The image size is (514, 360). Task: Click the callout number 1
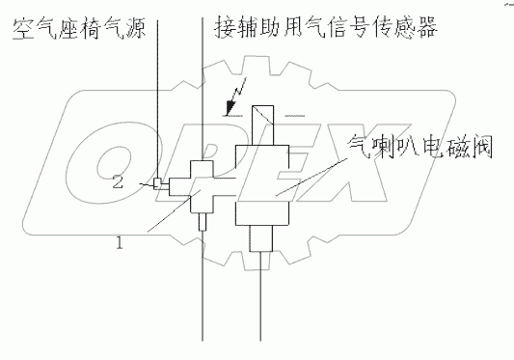click(x=119, y=244)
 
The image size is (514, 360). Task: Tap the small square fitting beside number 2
click(x=157, y=182)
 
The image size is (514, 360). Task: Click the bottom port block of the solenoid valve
click(x=263, y=237)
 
